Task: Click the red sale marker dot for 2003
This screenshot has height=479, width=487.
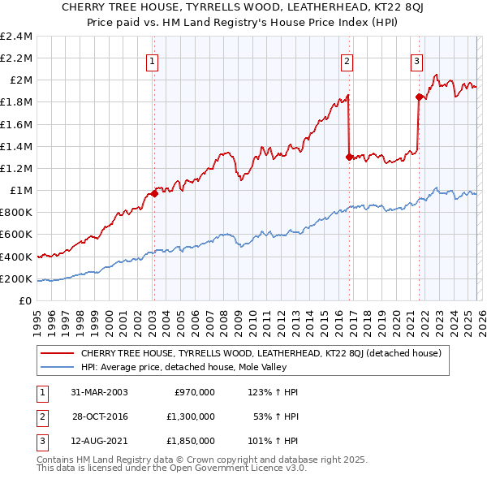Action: pyautogui.click(x=154, y=194)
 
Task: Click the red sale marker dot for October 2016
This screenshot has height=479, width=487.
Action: pyautogui.click(x=349, y=158)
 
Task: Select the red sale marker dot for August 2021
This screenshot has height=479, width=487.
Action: pyautogui.click(x=419, y=97)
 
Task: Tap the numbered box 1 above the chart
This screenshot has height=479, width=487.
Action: pyautogui.click(x=153, y=58)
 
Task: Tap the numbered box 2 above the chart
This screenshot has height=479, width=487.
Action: pyautogui.click(x=347, y=58)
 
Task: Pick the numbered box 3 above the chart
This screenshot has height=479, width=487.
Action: pyautogui.click(x=416, y=58)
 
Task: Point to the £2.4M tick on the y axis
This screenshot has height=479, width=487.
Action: pyautogui.click(x=16, y=37)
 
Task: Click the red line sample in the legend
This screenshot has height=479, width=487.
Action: pyautogui.click(x=57, y=353)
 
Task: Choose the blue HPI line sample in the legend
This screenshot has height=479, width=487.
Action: pyautogui.click(x=57, y=367)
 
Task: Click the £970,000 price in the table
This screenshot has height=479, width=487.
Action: pyautogui.click(x=195, y=391)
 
